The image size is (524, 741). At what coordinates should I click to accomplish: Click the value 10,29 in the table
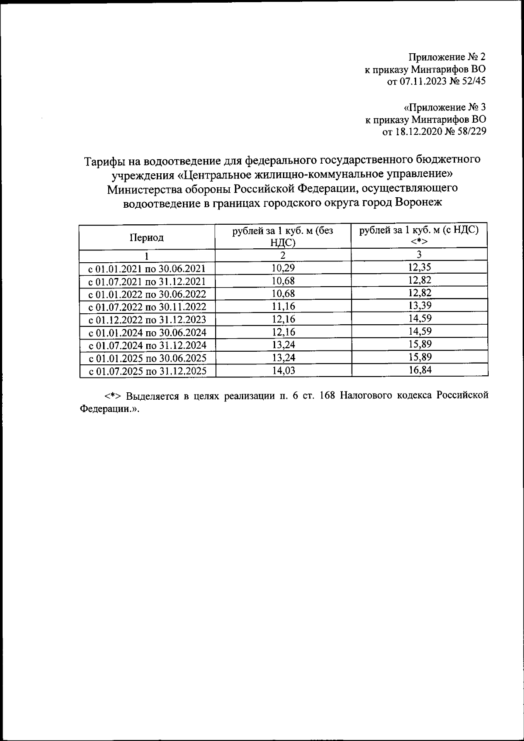tap(283, 268)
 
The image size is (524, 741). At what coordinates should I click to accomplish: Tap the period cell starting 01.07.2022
tap(147, 307)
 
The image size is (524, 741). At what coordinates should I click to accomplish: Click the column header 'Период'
tap(147, 237)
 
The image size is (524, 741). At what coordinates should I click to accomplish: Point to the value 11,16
tap(283, 306)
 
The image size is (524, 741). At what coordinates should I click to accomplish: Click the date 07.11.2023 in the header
tap(421, 81)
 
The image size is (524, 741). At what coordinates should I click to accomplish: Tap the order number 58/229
tap(471, 131)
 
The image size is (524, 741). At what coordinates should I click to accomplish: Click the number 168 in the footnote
tap(327, 396)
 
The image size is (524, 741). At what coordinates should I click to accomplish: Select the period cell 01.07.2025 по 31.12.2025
tap(147, 371)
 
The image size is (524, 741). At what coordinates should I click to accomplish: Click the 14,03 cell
tap(283, 370)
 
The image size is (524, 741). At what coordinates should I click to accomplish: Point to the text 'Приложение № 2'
tap(447, 57)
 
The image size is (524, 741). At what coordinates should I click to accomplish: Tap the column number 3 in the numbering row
tap(419, 255)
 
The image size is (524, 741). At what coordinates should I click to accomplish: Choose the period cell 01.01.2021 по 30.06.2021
tap(147, 268)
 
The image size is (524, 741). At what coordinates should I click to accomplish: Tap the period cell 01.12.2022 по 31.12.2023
tap(147, 319)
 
